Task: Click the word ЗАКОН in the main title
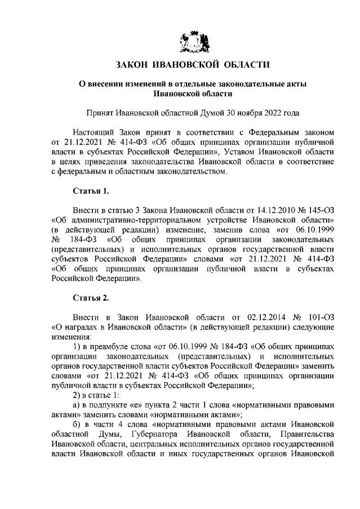point(136,65)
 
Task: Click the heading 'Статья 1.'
point(91,190)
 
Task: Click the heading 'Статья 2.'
point(91,297)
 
